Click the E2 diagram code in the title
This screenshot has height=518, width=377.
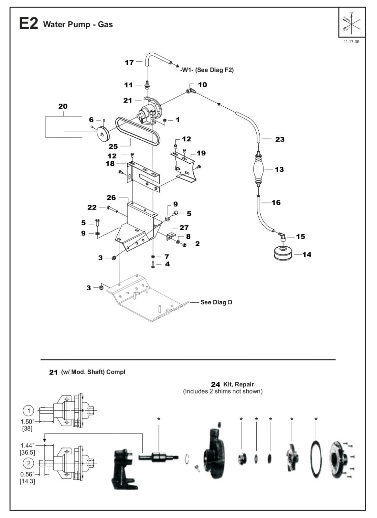coord(28,24)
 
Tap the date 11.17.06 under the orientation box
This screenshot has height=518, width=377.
coord(351,42)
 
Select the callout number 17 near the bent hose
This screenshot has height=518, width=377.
coord(129,62)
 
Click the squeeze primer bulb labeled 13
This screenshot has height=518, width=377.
coord(258,169)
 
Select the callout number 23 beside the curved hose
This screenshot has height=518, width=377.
coord(280,139)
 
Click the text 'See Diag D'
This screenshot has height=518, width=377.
coord(216,302)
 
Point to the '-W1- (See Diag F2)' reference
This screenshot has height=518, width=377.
coord(207,70)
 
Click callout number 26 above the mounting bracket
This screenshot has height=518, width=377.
coord(111,197)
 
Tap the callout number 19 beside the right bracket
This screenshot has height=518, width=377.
coord(201,153)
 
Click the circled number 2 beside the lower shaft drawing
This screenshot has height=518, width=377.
coord(29,462)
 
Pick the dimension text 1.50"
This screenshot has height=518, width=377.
coord(28,421)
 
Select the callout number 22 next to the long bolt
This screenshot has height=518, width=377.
coord(92,207)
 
